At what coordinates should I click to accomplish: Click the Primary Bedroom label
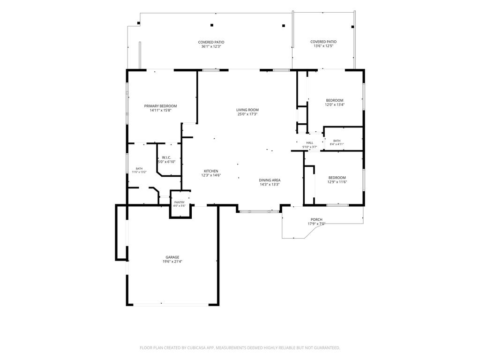(160, 106)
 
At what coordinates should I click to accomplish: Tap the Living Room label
(247, 110)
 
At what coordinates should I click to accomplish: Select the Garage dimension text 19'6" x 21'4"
(172, 262)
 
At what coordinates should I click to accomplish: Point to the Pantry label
(180, 202)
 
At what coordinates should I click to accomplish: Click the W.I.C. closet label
(166, 157)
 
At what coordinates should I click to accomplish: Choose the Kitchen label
(211, 171)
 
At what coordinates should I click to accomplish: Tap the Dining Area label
(270, 180)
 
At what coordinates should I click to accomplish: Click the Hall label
(310, 143)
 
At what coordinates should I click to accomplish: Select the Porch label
(316, 219)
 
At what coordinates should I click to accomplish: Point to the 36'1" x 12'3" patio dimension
(211, 46)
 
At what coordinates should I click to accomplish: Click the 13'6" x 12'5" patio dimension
(323, 46)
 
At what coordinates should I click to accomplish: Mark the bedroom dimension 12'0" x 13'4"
(335, 105)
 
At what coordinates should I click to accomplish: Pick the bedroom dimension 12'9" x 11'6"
(337, 182)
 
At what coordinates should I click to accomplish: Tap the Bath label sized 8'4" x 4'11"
(337, 141)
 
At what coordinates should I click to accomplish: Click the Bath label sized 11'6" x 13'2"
(139, 169)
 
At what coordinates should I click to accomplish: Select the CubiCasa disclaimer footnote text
(240, 348)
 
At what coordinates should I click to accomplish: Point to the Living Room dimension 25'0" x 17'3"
(247, 114)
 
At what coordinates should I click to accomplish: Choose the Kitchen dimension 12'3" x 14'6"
(211, 175)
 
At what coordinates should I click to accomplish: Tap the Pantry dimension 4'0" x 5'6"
(180, 206)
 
